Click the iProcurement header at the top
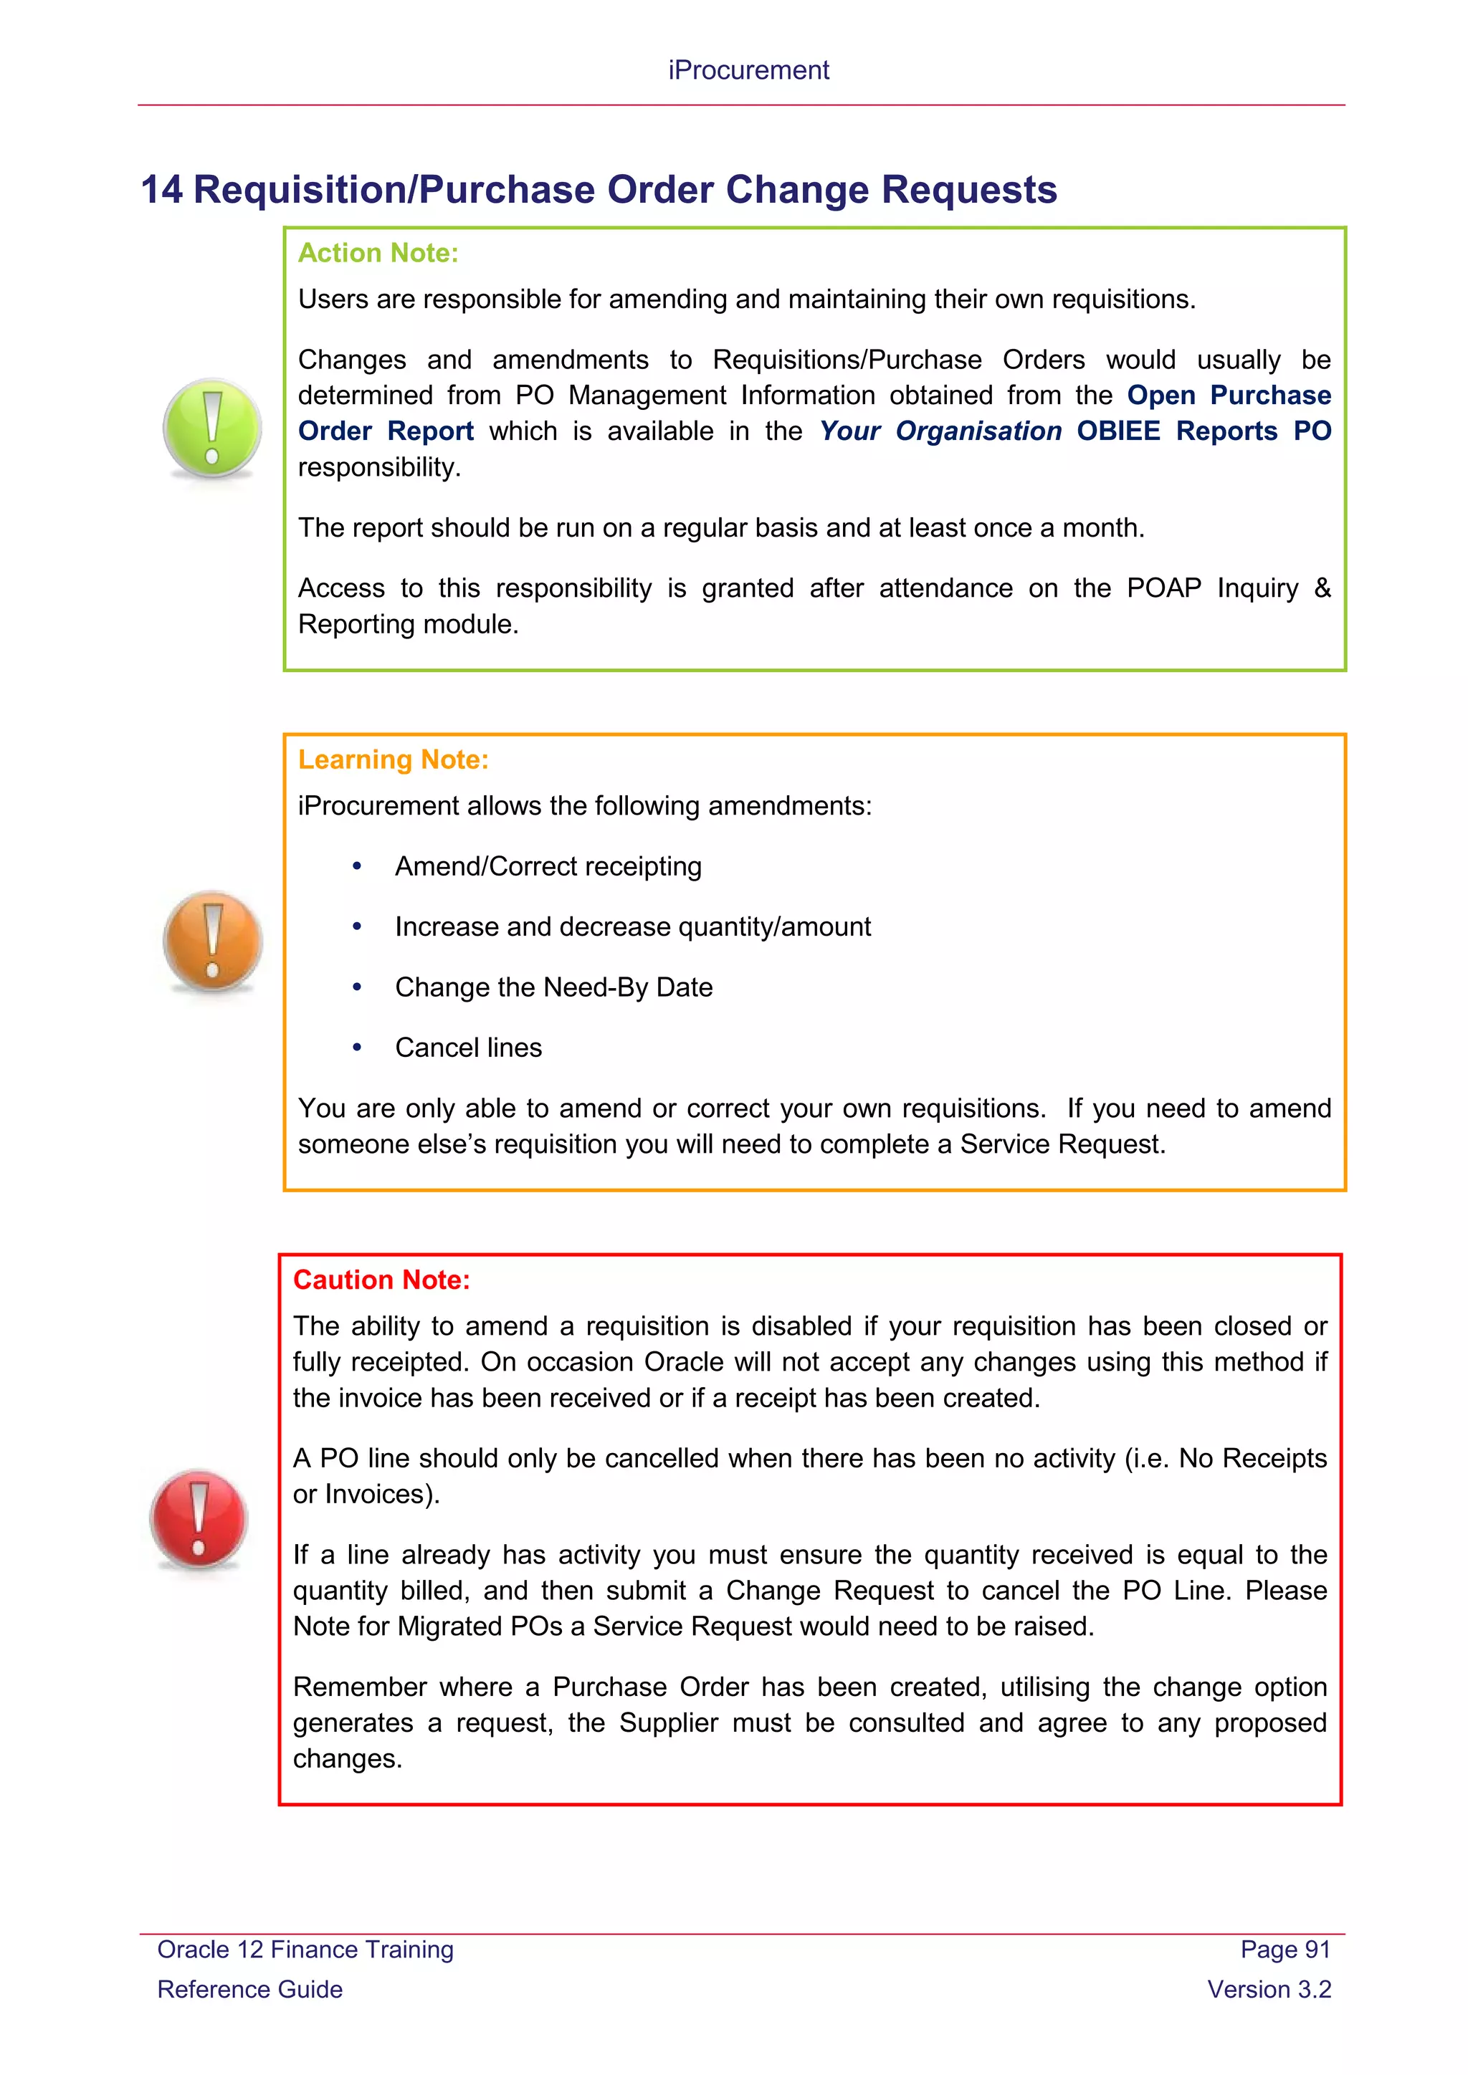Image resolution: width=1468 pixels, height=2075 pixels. (x=748, y=70)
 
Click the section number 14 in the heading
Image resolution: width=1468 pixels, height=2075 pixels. (x=162, y=191)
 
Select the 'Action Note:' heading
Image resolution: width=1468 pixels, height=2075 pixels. (x=378, y=253)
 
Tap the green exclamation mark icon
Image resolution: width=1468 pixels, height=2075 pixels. (x=212, y=428)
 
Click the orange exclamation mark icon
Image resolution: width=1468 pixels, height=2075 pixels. (x=212, y=941)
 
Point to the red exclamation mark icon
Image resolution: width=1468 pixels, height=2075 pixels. (x=199, y=1520)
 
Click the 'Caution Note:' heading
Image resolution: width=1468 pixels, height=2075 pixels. (x=381, y=1280)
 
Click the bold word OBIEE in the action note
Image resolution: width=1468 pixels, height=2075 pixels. (x=1118, y=431)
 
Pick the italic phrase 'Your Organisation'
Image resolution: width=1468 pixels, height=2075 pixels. (x=940, y=431)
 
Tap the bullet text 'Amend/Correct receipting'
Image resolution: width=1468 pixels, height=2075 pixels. (x=548, y=867)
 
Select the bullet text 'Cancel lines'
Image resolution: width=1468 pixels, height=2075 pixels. (x=468, y=1048)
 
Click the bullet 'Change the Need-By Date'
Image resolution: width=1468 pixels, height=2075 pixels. (x=553, y=988)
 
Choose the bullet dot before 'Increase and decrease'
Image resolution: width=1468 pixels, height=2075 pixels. (x=357, y=927)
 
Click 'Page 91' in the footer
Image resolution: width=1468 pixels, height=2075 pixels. (x=1284, y=1950)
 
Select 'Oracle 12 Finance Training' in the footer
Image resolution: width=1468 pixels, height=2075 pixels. (x=305, y=1950)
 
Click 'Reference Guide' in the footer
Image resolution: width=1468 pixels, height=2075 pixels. (x=249, y=1989)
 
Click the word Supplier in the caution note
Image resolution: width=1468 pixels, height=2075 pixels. (x=668, y=1722)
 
